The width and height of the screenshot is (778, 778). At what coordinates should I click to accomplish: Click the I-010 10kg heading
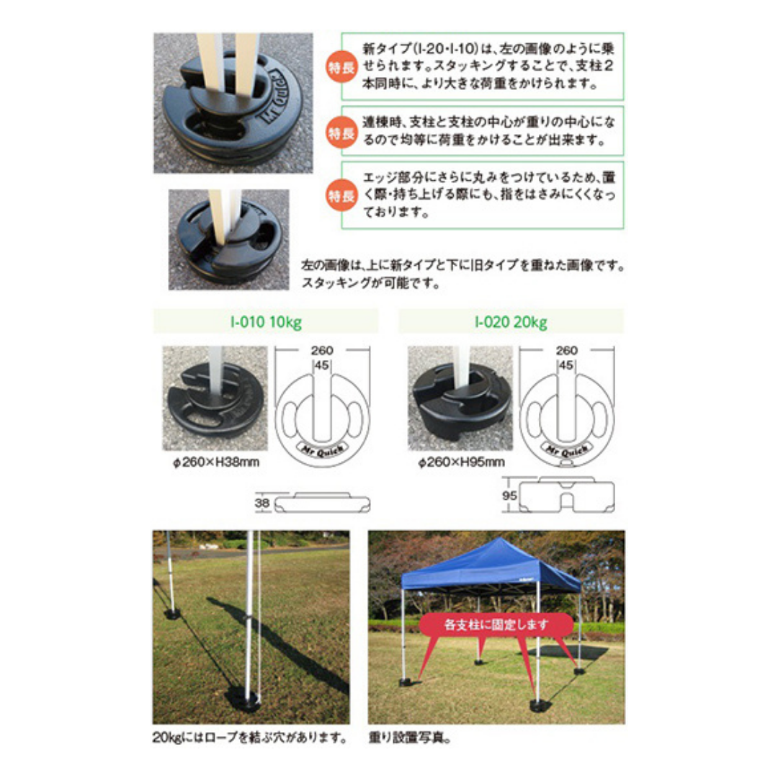pos(266,321)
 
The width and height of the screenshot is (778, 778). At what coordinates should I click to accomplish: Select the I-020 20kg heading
pos(511,321)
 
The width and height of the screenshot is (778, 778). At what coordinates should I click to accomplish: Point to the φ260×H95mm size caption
pos(461,461)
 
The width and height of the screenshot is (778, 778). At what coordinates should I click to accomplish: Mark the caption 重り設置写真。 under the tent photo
pos(411,738)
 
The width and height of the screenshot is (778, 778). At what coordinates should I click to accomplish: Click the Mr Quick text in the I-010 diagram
pos(319,447)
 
